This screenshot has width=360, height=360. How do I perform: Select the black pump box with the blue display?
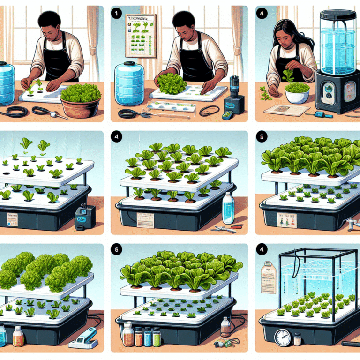[85, 217]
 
